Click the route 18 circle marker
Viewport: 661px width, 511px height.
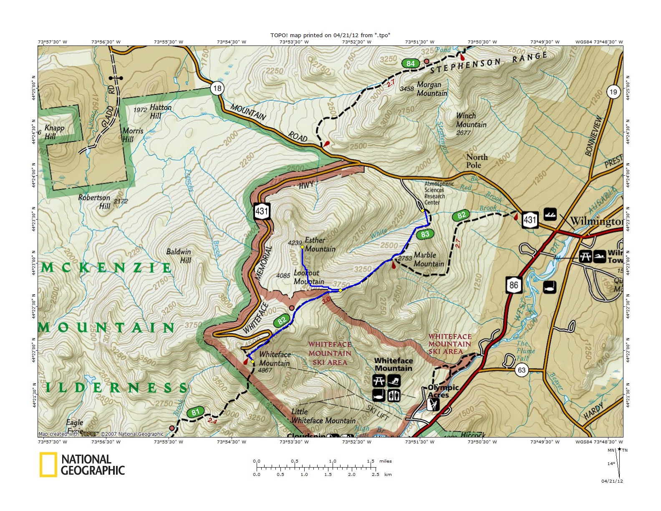[x=217, y=88]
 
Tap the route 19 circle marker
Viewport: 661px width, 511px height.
[x=613, y=92]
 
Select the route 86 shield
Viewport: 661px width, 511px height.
[x=514, y=285]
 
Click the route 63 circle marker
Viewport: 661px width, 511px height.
[x=522, y=370]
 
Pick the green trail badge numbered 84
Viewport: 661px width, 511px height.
[x=411, y=63]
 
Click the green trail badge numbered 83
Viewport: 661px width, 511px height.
[x=425, y=234]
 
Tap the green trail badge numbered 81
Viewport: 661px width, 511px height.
[x=195, y=412]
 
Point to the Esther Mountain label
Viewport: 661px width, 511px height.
[x=320, y=245]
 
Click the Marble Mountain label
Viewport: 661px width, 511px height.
[x=429, y=259]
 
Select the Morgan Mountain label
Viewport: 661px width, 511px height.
[x=431, y=89]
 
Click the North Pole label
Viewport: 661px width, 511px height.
[x=476, y=161]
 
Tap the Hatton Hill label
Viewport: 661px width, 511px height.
[x=160, y=111]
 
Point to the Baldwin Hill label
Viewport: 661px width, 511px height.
[x=179, y=255]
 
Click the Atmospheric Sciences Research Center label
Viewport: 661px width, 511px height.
[x=439, y=193]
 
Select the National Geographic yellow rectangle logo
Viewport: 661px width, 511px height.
[x=48, y=465]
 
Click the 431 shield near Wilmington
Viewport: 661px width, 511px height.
[x=530, y=219]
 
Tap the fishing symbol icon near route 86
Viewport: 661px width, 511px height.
[x=549, y=287]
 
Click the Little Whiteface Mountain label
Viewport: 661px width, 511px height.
[x=323, y=416]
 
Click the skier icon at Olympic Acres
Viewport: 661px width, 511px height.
[x=433, y=404]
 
